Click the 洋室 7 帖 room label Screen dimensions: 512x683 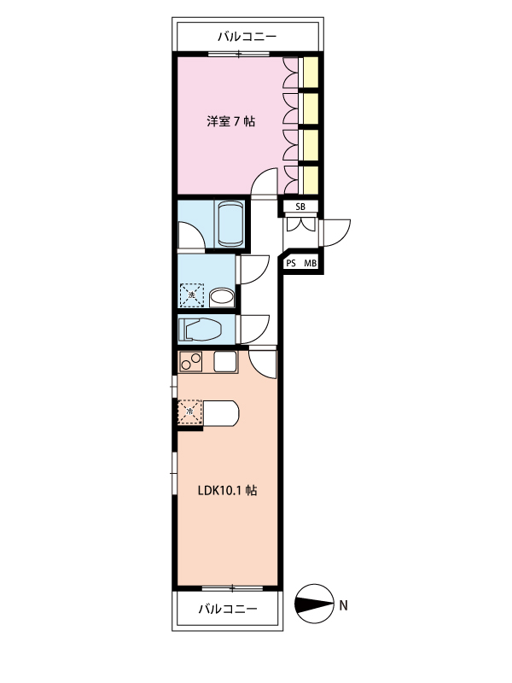(x=230, y=121)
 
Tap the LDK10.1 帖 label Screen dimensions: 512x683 (x=227, y=490)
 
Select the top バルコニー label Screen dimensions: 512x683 (x=247, y=36)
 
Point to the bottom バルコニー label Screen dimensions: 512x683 (x=228, y=609)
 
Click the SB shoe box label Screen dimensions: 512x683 (x=300, y=207)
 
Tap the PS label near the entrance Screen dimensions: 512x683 (x=291, y=263)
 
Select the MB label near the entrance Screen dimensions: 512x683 (x=310, y=263)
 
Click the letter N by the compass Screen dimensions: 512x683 (x=344, y=605)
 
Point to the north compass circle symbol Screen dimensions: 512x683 (x=315, y=604)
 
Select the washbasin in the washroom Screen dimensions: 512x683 (x=222, y=298)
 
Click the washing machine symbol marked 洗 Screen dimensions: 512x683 (x=192, y=295)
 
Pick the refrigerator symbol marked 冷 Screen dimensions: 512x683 (x=190, y=412)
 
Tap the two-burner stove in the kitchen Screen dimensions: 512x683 (x=190, y=361)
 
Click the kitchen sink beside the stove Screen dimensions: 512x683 (x=225, y=361)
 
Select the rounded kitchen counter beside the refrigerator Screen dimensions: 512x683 (x=221, y=412)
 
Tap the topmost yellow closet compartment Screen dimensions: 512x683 (x=311, y=72)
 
